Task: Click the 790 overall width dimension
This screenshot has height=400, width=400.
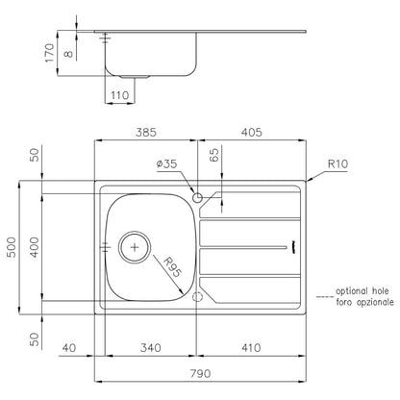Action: pos(200,374)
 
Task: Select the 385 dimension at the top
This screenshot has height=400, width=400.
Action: pos(146,133)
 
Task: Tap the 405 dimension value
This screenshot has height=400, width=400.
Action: pos(252,133)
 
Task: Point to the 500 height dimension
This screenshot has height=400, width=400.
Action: pos(12,247)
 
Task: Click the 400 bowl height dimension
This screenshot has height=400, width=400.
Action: pos(35,247)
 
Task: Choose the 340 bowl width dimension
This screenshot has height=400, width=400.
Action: pos(151,348)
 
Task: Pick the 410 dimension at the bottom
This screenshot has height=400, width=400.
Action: pos(251,348)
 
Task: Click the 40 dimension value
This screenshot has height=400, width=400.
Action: pos(69,348)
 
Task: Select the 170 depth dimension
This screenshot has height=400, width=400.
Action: pos(50,53)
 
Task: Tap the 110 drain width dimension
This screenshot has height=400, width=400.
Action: pos(120,95)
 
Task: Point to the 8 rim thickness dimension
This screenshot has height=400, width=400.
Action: pos(68,54)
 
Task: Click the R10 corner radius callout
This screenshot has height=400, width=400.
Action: pos(337,164)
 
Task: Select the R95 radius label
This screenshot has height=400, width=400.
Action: pos(172,267)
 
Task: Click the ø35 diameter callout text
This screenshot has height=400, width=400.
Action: pos(166,164)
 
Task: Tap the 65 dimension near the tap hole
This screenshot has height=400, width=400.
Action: pos(214,155)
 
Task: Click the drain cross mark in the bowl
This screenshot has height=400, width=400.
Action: pos(135,247)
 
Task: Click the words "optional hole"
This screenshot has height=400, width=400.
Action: pos(362,291)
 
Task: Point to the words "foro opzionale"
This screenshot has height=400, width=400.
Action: pos(364,302)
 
